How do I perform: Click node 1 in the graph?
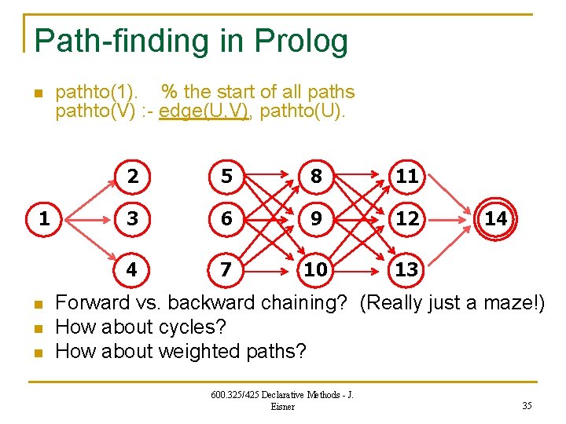point(44,219)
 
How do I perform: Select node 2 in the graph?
point(133,177)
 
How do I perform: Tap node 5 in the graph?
point(226,177)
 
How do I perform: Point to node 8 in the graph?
point(316,177)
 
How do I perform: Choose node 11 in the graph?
point(406,177)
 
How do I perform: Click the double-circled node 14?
point(496,219)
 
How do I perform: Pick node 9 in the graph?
point(316,219)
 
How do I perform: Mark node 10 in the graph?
point(316,269)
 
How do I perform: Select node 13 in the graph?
point(406,269)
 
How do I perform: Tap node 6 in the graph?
point(226,219)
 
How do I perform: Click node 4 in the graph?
point(132,269)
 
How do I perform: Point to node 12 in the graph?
point(406,219)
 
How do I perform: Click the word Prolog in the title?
point(303,42)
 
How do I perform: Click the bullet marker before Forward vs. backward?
point(36,304)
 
